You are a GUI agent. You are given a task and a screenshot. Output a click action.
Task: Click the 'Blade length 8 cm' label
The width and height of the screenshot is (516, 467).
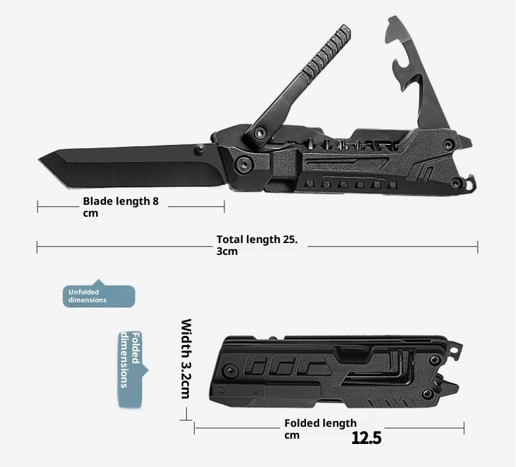pos(121,207)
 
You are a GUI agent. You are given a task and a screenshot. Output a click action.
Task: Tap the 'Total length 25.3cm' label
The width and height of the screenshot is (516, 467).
pos(257,245)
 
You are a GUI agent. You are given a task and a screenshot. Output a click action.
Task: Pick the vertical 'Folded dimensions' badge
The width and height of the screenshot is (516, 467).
pos(132,370)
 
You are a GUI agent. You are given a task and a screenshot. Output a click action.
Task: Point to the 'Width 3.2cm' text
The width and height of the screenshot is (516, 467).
pos(186,358)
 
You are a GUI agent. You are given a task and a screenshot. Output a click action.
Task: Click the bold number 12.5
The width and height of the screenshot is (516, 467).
pos(367,437)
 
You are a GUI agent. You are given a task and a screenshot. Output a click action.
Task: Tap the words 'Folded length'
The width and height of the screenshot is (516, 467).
pos(320,423)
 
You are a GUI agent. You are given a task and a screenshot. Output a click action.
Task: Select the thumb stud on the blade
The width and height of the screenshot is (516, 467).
pos(199,149)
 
